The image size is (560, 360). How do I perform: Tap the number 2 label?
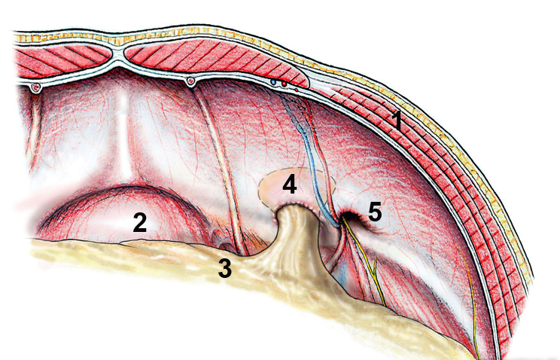139,222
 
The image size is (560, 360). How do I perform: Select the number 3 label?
225,266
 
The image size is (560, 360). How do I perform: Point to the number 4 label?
289,183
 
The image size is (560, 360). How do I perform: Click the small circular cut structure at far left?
34,89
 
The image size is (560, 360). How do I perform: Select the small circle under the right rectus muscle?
191,81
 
